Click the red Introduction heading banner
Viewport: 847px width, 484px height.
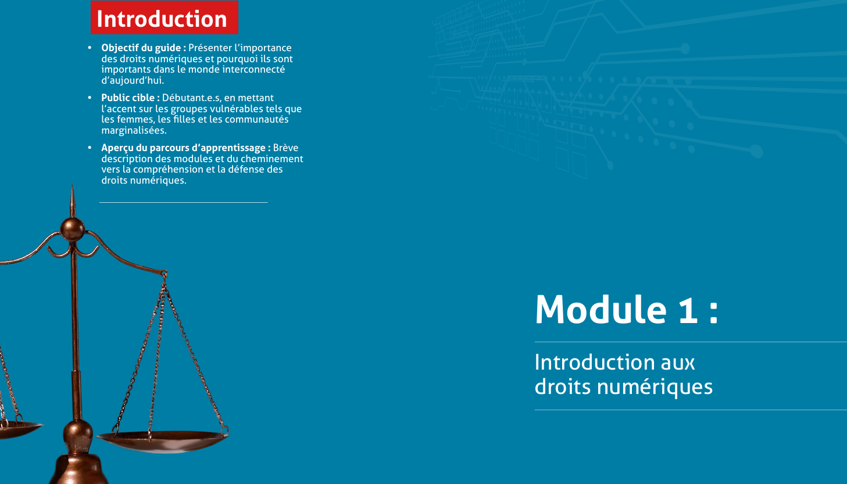164,17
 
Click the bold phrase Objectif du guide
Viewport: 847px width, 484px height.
141,48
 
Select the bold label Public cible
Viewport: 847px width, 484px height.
128,98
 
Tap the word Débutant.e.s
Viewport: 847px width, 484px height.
192,98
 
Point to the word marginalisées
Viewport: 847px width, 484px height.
134,130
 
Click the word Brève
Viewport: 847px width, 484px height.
285,148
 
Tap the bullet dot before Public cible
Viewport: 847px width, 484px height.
90,98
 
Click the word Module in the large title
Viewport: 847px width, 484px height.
601,310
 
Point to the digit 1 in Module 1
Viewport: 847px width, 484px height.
688,310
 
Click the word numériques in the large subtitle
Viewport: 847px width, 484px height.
655,388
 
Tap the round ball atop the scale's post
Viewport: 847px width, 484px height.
73,229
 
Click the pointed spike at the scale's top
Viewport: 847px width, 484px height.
73,201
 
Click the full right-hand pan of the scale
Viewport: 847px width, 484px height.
163,440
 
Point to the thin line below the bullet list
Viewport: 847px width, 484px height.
183,203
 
